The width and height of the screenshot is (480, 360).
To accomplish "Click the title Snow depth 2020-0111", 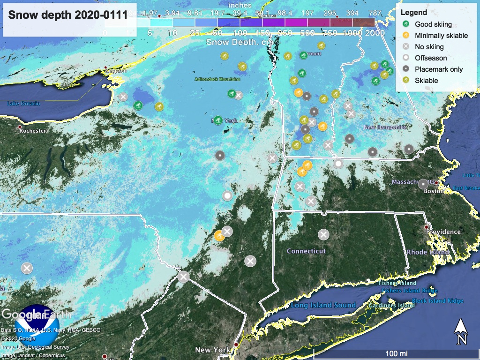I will click(x=68, y=15).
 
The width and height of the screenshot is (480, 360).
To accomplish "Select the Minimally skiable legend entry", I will click(x=441, y=35).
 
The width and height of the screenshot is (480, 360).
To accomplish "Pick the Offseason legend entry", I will click(x=430, y=58).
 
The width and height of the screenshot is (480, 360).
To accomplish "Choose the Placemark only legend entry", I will click(x=438, y=69).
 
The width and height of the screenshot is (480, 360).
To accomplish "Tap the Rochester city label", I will click(x=32, y=131).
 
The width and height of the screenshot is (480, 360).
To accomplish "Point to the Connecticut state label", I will click(x=306, y=251).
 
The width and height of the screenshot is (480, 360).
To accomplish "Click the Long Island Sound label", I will click(x=323, y=305).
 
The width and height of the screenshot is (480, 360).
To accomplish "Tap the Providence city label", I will click(x=443, y=232).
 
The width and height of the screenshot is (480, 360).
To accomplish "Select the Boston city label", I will click(x=434, y=191).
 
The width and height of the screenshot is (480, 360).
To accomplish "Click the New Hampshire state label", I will click(x=384, y=127).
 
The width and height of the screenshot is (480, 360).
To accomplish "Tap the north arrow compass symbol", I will click(x=461, y=331).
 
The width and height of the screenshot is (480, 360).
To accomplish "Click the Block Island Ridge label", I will click(x=437, y=301).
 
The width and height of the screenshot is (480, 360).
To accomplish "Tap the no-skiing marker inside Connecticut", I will click(x=323, y=234).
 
